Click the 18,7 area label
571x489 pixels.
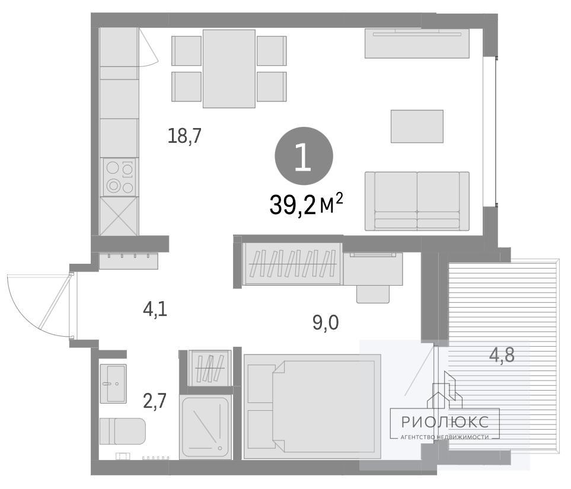[x=184, y=136]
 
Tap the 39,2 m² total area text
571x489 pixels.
[x=306, y=204]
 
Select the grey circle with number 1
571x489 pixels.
[x=304, y=156]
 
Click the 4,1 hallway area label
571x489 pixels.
[x=155, y=310]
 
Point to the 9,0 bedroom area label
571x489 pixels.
[x=326, y=322]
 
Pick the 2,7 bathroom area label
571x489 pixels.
[x=155, y=401]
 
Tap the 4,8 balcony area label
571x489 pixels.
[x=502, y=354]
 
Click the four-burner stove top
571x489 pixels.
[x=119, y=177]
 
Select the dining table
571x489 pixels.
[x=229, y=68]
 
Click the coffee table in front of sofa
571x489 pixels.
[x=417, y=126]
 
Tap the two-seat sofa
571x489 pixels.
[x=417, y=202]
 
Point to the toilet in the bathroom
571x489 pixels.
[x=123, y=431]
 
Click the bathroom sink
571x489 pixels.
[x=113, y=383]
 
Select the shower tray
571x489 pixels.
[x=205, y=427]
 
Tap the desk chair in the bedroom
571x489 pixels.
[x=374, y=294]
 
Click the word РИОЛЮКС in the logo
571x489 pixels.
[x=445, y=421]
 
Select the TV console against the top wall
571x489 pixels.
[x=417, y=43]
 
